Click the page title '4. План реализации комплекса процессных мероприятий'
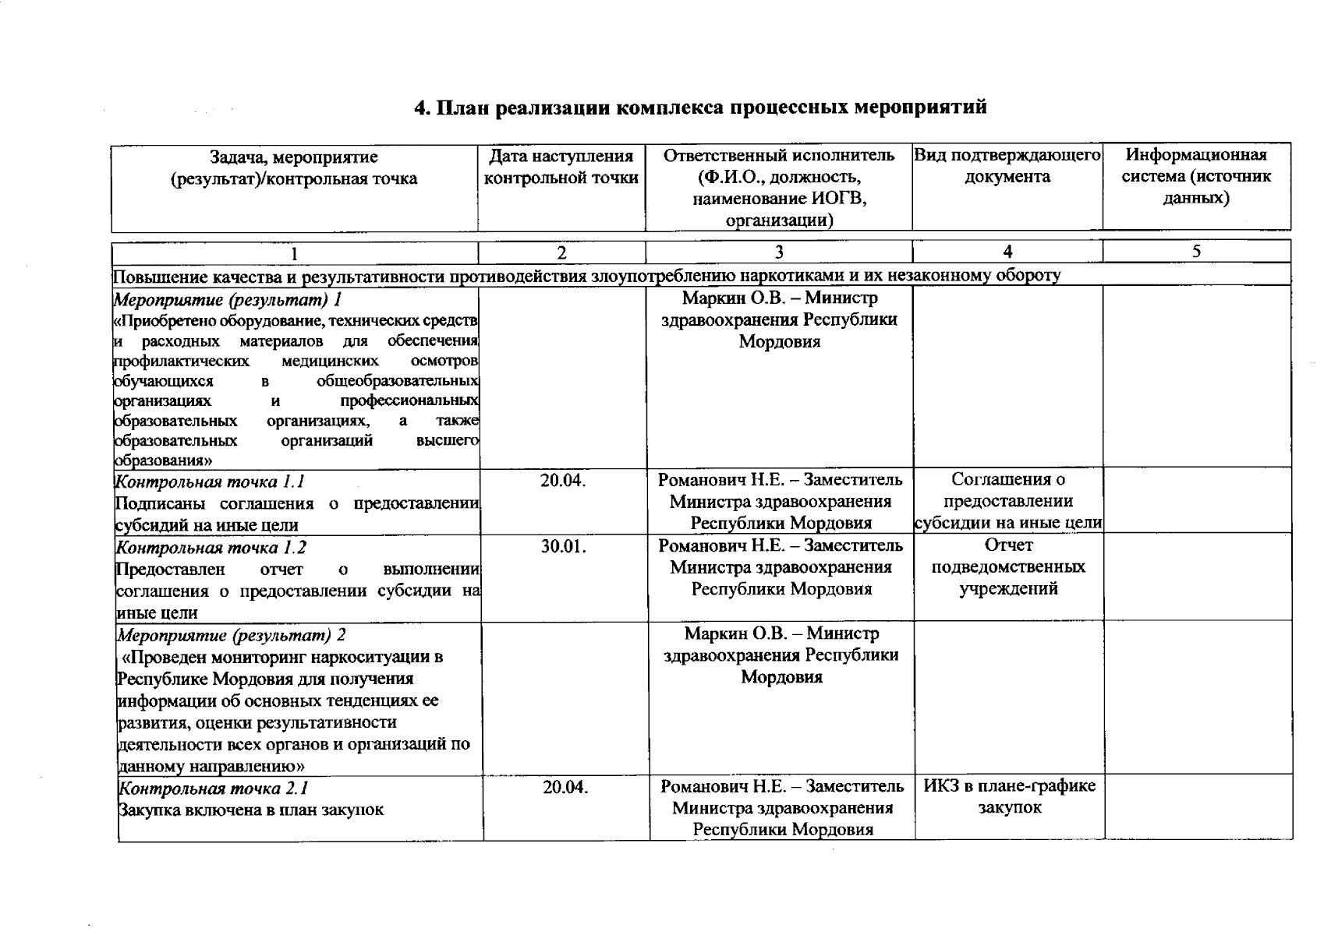[x=700, y=107]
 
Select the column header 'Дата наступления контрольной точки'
[x=561, y=168]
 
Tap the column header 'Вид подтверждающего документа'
[x=1007, y=166]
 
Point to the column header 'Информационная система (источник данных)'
[x=1196, y=177]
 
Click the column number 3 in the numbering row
[x=778, y=252]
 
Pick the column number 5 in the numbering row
[x=1196, y=251]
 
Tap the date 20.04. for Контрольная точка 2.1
[x=565, y=788]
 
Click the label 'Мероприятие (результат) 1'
[x=228, y=300]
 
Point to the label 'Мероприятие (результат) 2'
[x=231, y=635]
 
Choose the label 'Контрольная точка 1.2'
[x=211, y=548]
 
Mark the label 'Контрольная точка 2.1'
[x=212, y=789]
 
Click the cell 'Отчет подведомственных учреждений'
[x=1008, y=567]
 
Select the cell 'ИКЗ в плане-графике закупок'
[x=1010, y=796]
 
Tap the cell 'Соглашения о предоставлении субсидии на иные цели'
[x=1007, y=501]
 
